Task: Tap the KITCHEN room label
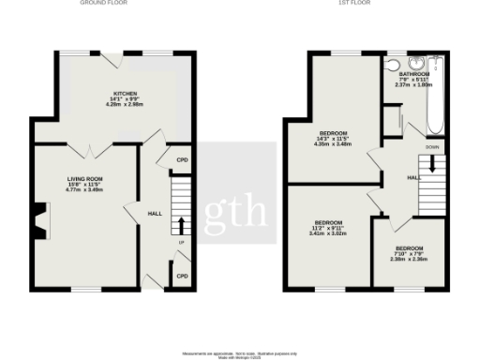pos(126,94)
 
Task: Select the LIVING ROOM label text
pos(84,178)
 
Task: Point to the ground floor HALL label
pos(155,214)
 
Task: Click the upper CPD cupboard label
pos(182,160)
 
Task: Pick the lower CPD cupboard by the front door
pos(182,276)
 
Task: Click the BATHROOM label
pos(413,73)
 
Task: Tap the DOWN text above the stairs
pos(432,147)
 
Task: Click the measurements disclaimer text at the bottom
pos(241,353)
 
